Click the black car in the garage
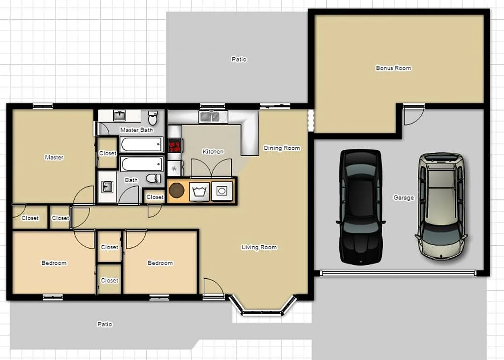point(360,207)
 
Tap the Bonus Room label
point(393,68)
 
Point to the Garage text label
point(403,197)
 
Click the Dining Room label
point(282,148)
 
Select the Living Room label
point(259,247)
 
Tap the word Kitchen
point(213,152)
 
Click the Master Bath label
point(136,130)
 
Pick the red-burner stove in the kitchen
point(175,145)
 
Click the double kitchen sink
point(213,117)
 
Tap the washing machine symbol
point(200,191)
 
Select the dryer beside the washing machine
point(222,191)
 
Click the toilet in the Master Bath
point(153,118)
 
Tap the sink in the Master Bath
point(120,116)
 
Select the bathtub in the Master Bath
point(141,144)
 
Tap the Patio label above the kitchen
point(239,59)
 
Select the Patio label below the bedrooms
point(104,324)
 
